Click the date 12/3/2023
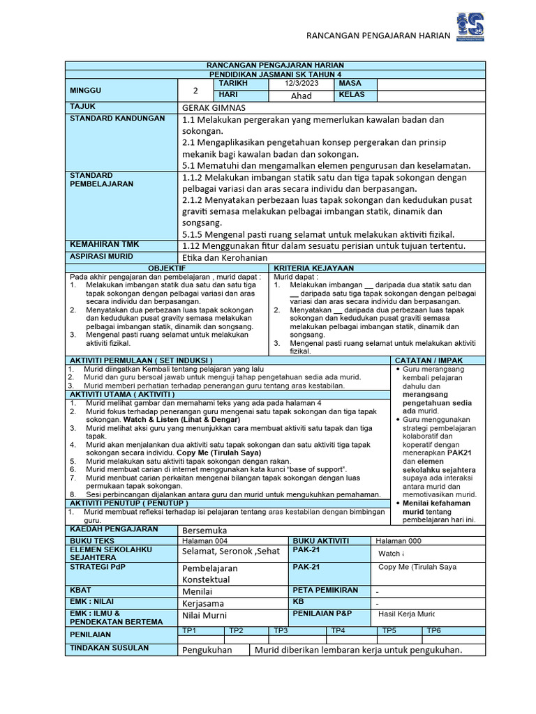click(x=300, y=84)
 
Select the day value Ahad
click(x=301, y=96)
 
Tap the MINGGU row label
click(x=85, y=91)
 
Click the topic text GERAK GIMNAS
click(x=214, y=107)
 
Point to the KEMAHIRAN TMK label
click(x=104, y=245)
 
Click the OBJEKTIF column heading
click(x=167, y=268)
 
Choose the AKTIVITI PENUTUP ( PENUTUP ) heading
click(x=129, y=503)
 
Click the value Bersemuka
click(x=205, y=530)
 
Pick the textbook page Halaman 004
click(x=204, y=541)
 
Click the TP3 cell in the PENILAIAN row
click(x=281, y=630)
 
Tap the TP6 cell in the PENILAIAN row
click(x=433, y=630)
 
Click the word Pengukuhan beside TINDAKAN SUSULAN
click(x=211, y=650)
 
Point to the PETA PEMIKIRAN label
click(x=325, y=590)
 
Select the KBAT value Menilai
click(x=198, y=591)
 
